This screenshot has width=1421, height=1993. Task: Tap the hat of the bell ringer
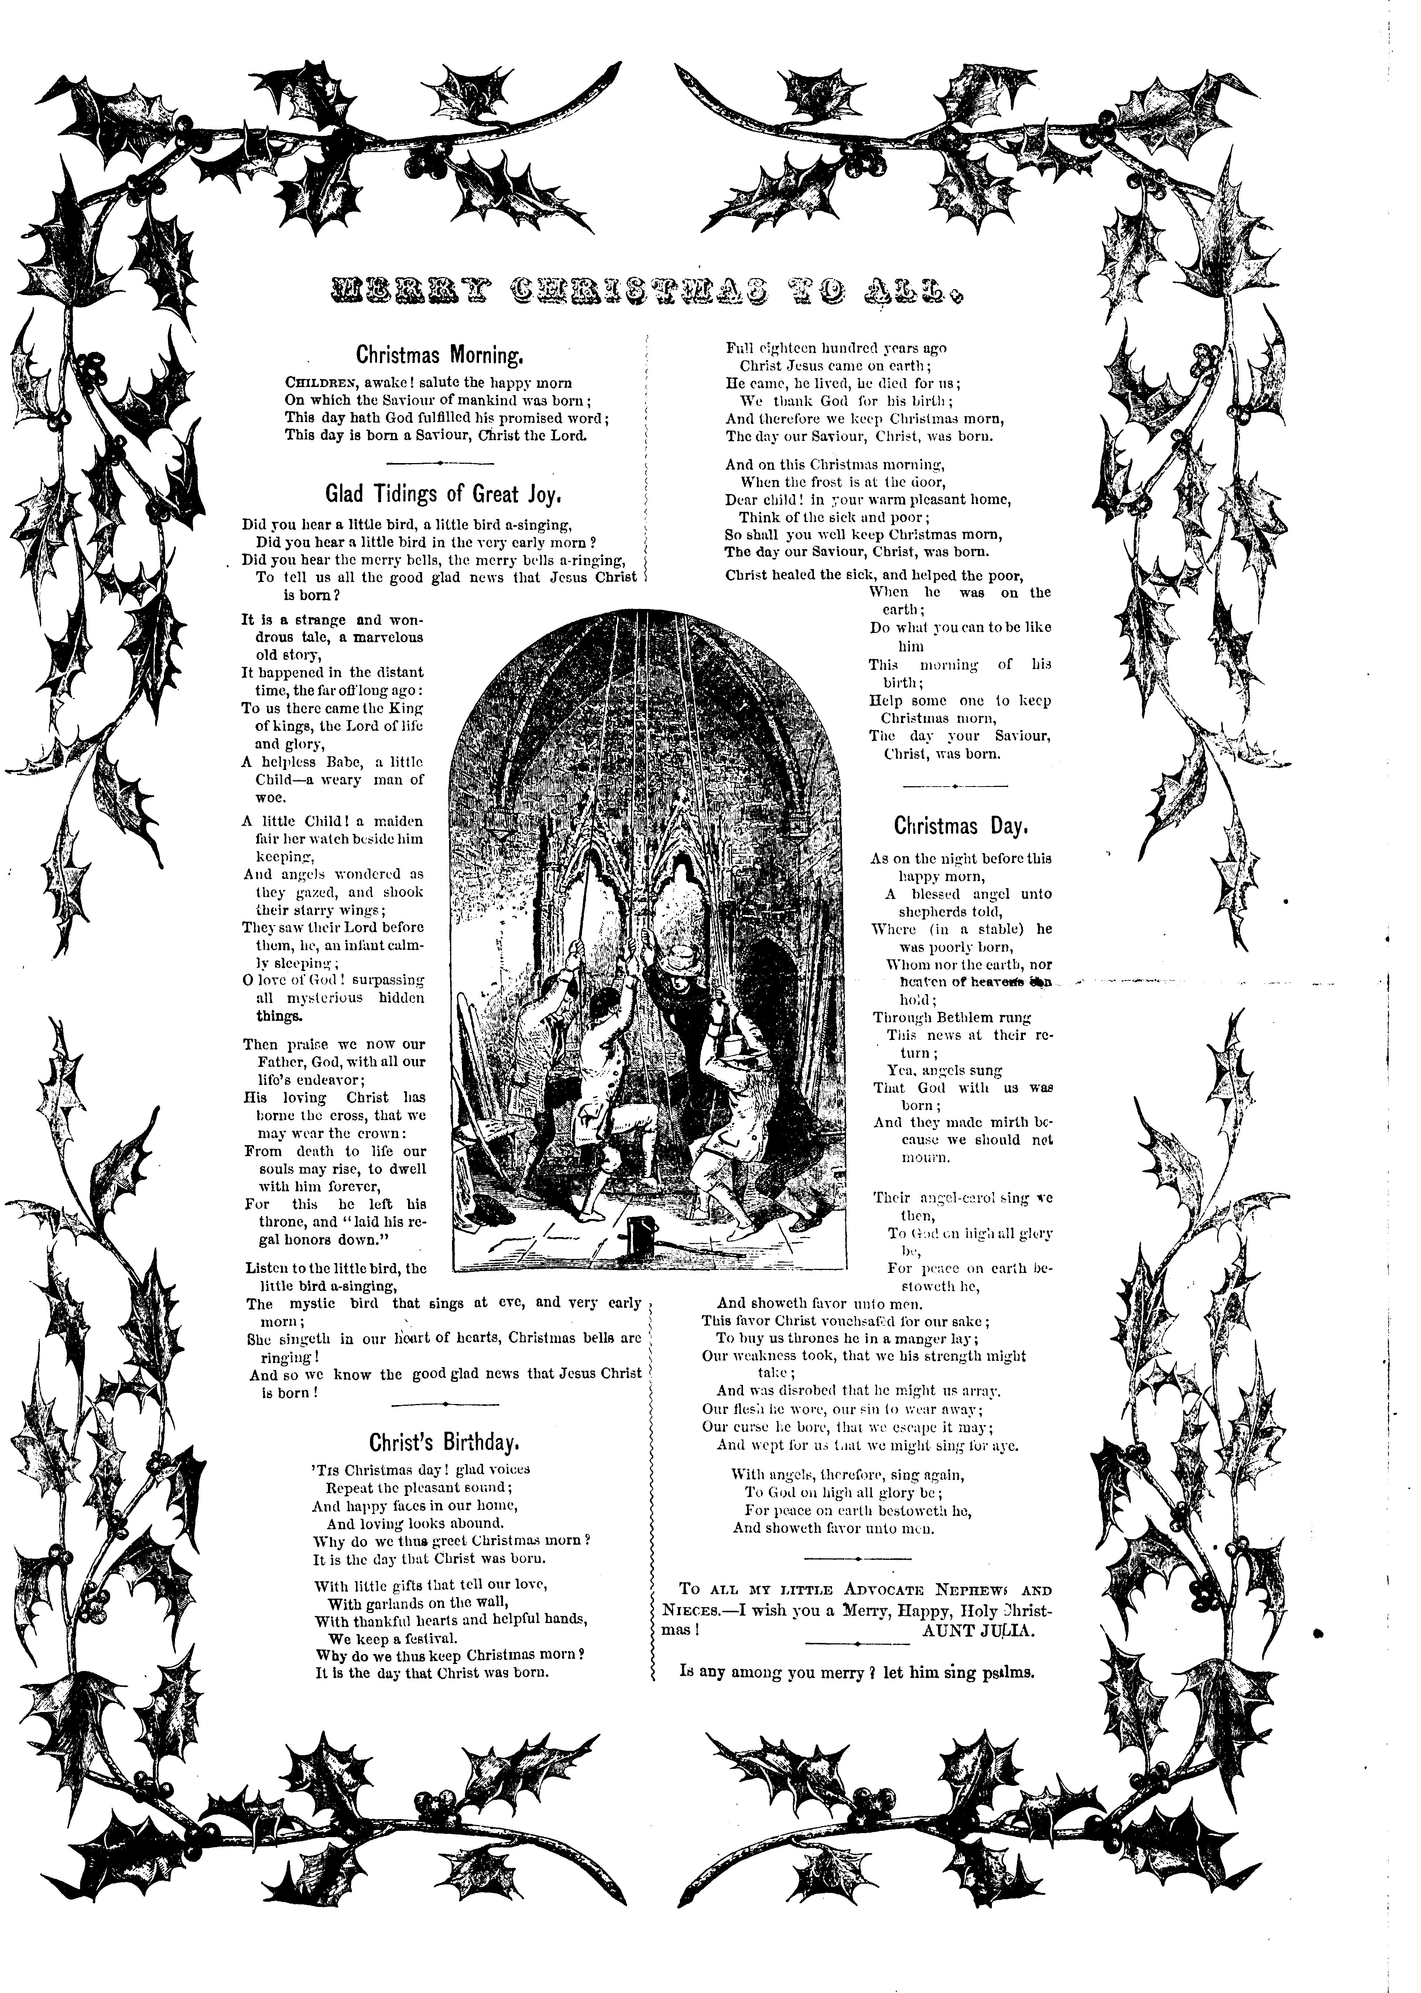point(678,953)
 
